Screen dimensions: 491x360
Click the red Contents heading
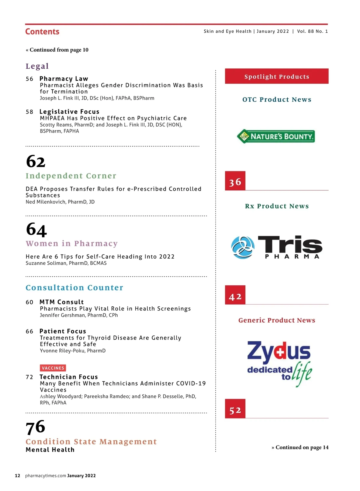[42, 32]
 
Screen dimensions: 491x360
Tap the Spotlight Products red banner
[277, 76]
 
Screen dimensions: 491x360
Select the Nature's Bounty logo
[276, 136]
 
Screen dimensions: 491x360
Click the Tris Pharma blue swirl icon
[243, 248]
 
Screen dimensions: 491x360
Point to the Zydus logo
[279, 363]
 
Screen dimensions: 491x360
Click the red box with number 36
[235, 181]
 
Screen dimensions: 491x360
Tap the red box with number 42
[235, 295]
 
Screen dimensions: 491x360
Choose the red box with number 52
[235, 409]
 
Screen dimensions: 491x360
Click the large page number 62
[36, 162]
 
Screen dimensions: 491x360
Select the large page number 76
[35, 427]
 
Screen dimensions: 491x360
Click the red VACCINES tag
[53, 368]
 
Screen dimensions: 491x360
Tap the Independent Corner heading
[71, 176]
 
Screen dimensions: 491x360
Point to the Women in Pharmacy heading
[72, 244]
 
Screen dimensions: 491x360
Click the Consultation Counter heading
[74, 288]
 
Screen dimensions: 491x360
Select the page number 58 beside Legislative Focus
[29, 112]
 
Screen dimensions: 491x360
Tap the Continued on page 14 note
[300, 448]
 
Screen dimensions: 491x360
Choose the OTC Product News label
[277, 100]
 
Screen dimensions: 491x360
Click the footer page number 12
[18, 476]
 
